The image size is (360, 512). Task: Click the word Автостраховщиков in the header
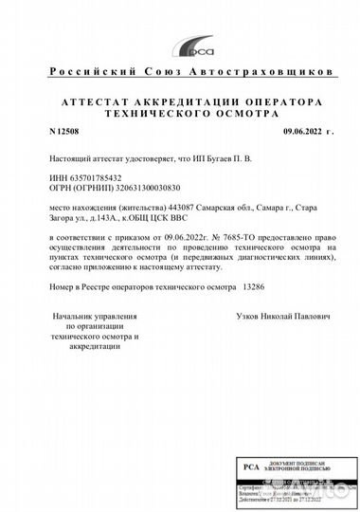[x=250, y=72]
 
